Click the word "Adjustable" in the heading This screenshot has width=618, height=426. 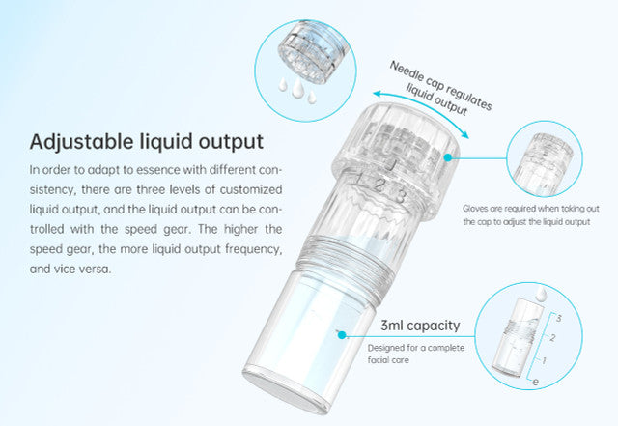pyautogui.click(x=80, y=142)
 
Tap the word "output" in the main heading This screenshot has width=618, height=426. pyautogui.click(x=228, y=142)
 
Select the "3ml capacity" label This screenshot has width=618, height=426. pyautogui.click(x=419, y=325)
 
